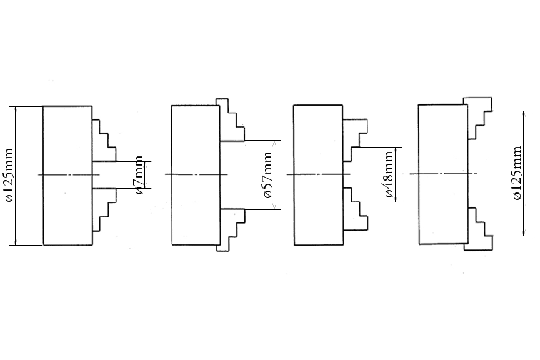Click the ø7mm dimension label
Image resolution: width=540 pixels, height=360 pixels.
(140, 174)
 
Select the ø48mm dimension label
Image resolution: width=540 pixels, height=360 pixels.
(389, 174)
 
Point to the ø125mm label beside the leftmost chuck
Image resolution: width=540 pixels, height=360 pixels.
(9, 176)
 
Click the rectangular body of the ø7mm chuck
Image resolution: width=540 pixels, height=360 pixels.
(67, 144)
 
